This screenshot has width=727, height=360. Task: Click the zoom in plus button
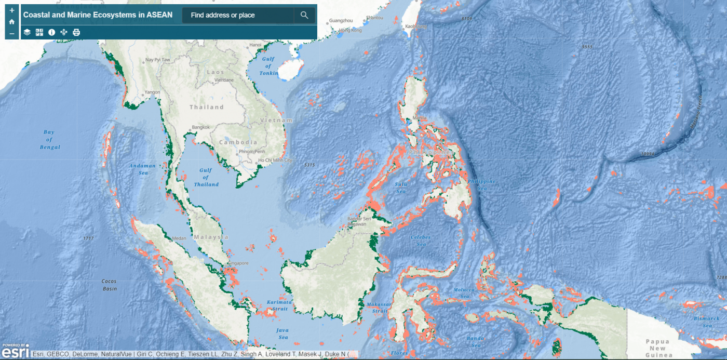(x=12, y=10)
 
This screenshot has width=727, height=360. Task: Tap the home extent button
(x=12, y=22)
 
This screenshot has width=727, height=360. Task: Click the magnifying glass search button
(x=304, y=15)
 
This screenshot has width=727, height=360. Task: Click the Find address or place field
(x=238, y=15)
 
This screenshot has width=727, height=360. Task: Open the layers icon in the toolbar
(x=27, y=32)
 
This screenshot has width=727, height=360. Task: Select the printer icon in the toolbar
(x=76, y=32)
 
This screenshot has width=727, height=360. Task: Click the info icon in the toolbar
(x=51, y=32)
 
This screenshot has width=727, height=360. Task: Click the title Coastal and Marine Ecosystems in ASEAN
(x=98, y=15)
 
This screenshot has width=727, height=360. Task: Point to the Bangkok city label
(x=200, y=127)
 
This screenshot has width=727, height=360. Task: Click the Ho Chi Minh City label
(x=275, y=161)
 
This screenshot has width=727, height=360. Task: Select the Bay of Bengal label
(x=49, y=140)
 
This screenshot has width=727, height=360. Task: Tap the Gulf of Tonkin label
(x=268, y=66)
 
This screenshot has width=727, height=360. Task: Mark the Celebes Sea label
(x=421, y=241)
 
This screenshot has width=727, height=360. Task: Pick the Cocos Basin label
(x=109, y=285)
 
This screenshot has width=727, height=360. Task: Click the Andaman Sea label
(x=142, y=169)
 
